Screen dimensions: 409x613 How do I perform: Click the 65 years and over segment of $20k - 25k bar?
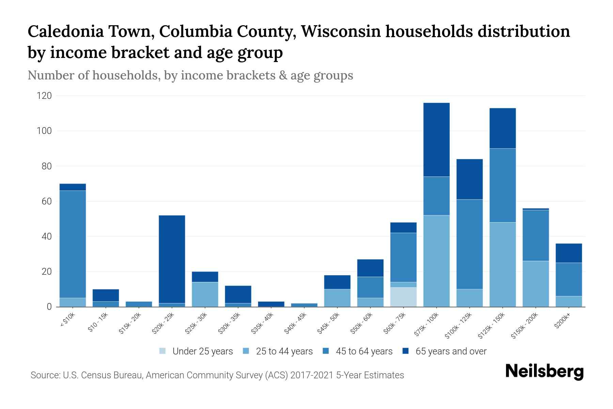pyautogui.click(x=172, y=259)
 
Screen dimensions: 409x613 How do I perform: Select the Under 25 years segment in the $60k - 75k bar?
pyautogui.click(x=404, y=297)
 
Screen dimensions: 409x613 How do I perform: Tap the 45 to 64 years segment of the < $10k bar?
pyautogui.click(x=73, y=244)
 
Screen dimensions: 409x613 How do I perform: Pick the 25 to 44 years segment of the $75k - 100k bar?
pyautogui.click(x=436, y=261)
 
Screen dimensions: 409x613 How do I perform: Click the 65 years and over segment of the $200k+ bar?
pyautogui.click(x=569, y=253)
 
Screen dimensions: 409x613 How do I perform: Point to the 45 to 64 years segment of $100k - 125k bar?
pyautogui.click(x=470, y=244)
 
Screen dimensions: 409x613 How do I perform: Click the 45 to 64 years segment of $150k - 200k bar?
pyautogui.click(x=536, y=235)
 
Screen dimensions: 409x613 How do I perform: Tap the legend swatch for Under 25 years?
pyautogui.click(x=163, y=351)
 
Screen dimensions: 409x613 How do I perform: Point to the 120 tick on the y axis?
pyautogui.click(x=44, y=96)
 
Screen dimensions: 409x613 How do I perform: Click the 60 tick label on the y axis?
pyautogui.click(x=47, y=201)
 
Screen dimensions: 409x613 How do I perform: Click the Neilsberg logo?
pyautogui.click(x=544, y=372)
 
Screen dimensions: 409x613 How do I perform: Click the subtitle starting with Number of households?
pyautogui.click(x=190, y=75)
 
